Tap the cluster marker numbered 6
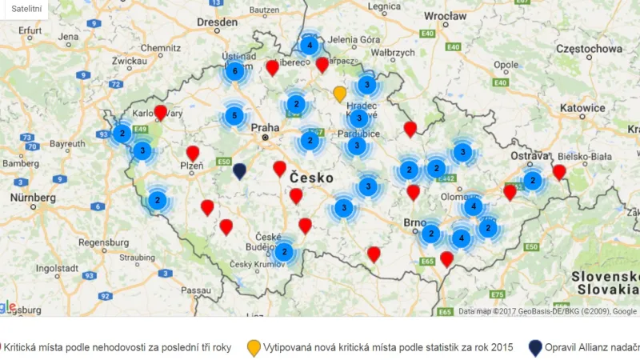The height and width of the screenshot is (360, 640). tap(234, 71)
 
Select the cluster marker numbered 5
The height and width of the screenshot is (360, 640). tap(234, 116)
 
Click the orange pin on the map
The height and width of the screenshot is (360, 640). tap(340, 94)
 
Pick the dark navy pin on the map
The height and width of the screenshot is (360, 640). tap(239, 170)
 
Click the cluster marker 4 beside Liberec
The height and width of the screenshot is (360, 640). tap(309, 46)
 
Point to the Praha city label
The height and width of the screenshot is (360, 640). tap(265, 127)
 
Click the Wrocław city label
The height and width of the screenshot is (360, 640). tap(445, 16)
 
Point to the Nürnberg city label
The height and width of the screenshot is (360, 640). tap(33, 197)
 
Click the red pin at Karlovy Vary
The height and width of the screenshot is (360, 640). tap(160, 112)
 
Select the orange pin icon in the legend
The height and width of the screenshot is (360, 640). tap(254, 347)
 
